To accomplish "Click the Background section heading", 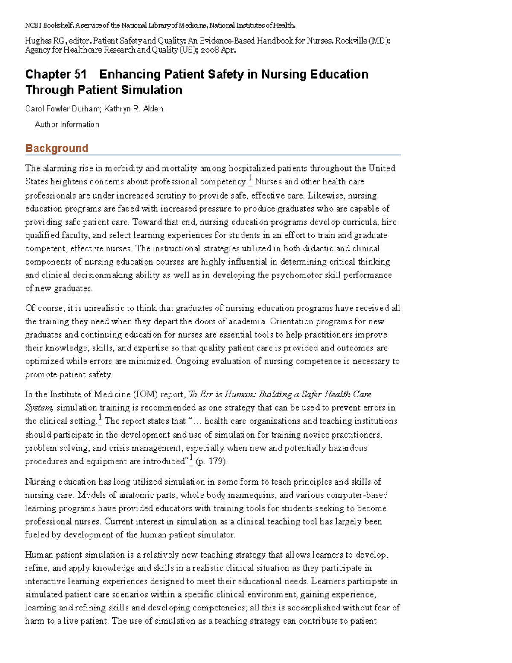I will (57, 148).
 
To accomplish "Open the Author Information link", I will (67, 125).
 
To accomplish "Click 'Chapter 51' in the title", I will (56, 74).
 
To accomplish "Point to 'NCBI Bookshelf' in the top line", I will (49, 26).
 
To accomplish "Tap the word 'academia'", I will (245, 321).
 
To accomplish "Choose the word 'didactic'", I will (318, 248).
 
